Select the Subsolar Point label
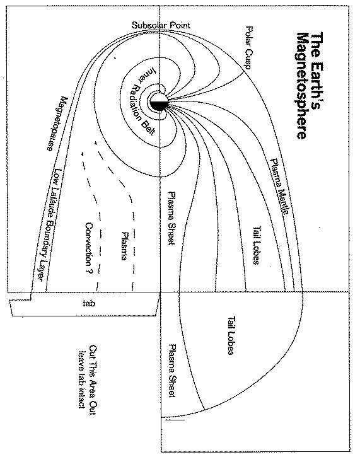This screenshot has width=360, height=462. click(x=161, y=25)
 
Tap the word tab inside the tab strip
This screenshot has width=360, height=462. click(x=88, y=303)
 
